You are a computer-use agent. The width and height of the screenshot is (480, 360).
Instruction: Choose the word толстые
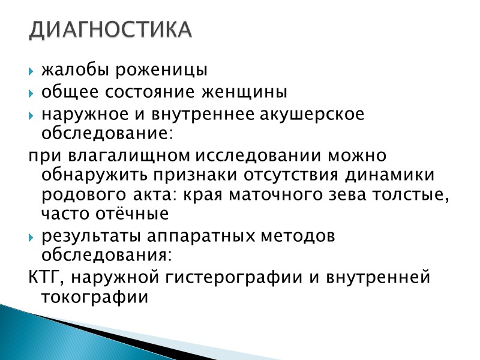[418, 196]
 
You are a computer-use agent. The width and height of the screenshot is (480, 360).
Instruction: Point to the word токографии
[94, 298]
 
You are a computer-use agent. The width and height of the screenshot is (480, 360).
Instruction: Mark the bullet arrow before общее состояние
[33, 94]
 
